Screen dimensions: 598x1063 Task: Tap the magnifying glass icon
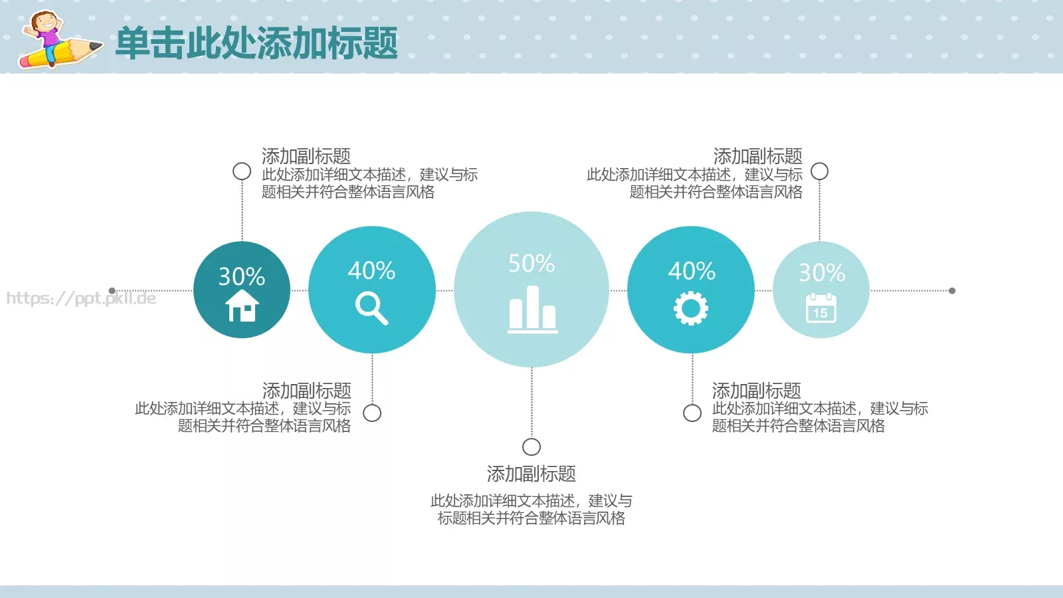[x=371, y=309]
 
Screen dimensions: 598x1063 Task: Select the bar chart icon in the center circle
[x=532, y=309]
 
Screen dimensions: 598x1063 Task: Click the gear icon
[x=691, y=309]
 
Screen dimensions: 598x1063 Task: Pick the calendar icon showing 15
[x=821, y=308]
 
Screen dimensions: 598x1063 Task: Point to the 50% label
[x=531, y=264]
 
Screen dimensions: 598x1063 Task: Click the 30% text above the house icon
[x=242, y=276]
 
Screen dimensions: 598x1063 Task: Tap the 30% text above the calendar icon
[x=822, y=272]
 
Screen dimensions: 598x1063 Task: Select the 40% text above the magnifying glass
[x=371, y=270]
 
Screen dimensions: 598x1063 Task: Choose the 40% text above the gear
[x=692, y=270]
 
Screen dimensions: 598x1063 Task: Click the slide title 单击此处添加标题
[x=256, y=44]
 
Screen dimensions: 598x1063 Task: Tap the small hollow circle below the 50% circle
[x=531, y=447]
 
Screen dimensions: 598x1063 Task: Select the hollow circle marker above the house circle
[x=242, y=171]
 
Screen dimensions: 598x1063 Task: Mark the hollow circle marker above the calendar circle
[x=820, y=171]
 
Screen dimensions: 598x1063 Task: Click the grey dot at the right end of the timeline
[x=952, y=290]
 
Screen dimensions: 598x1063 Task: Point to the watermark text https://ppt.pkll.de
[x=81, y=298]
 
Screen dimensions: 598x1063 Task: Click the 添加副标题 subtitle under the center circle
[x=531, y=474]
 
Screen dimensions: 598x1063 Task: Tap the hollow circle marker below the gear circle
[x=692, y=413]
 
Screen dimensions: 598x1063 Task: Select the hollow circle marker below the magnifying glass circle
[x=372, y=413]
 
